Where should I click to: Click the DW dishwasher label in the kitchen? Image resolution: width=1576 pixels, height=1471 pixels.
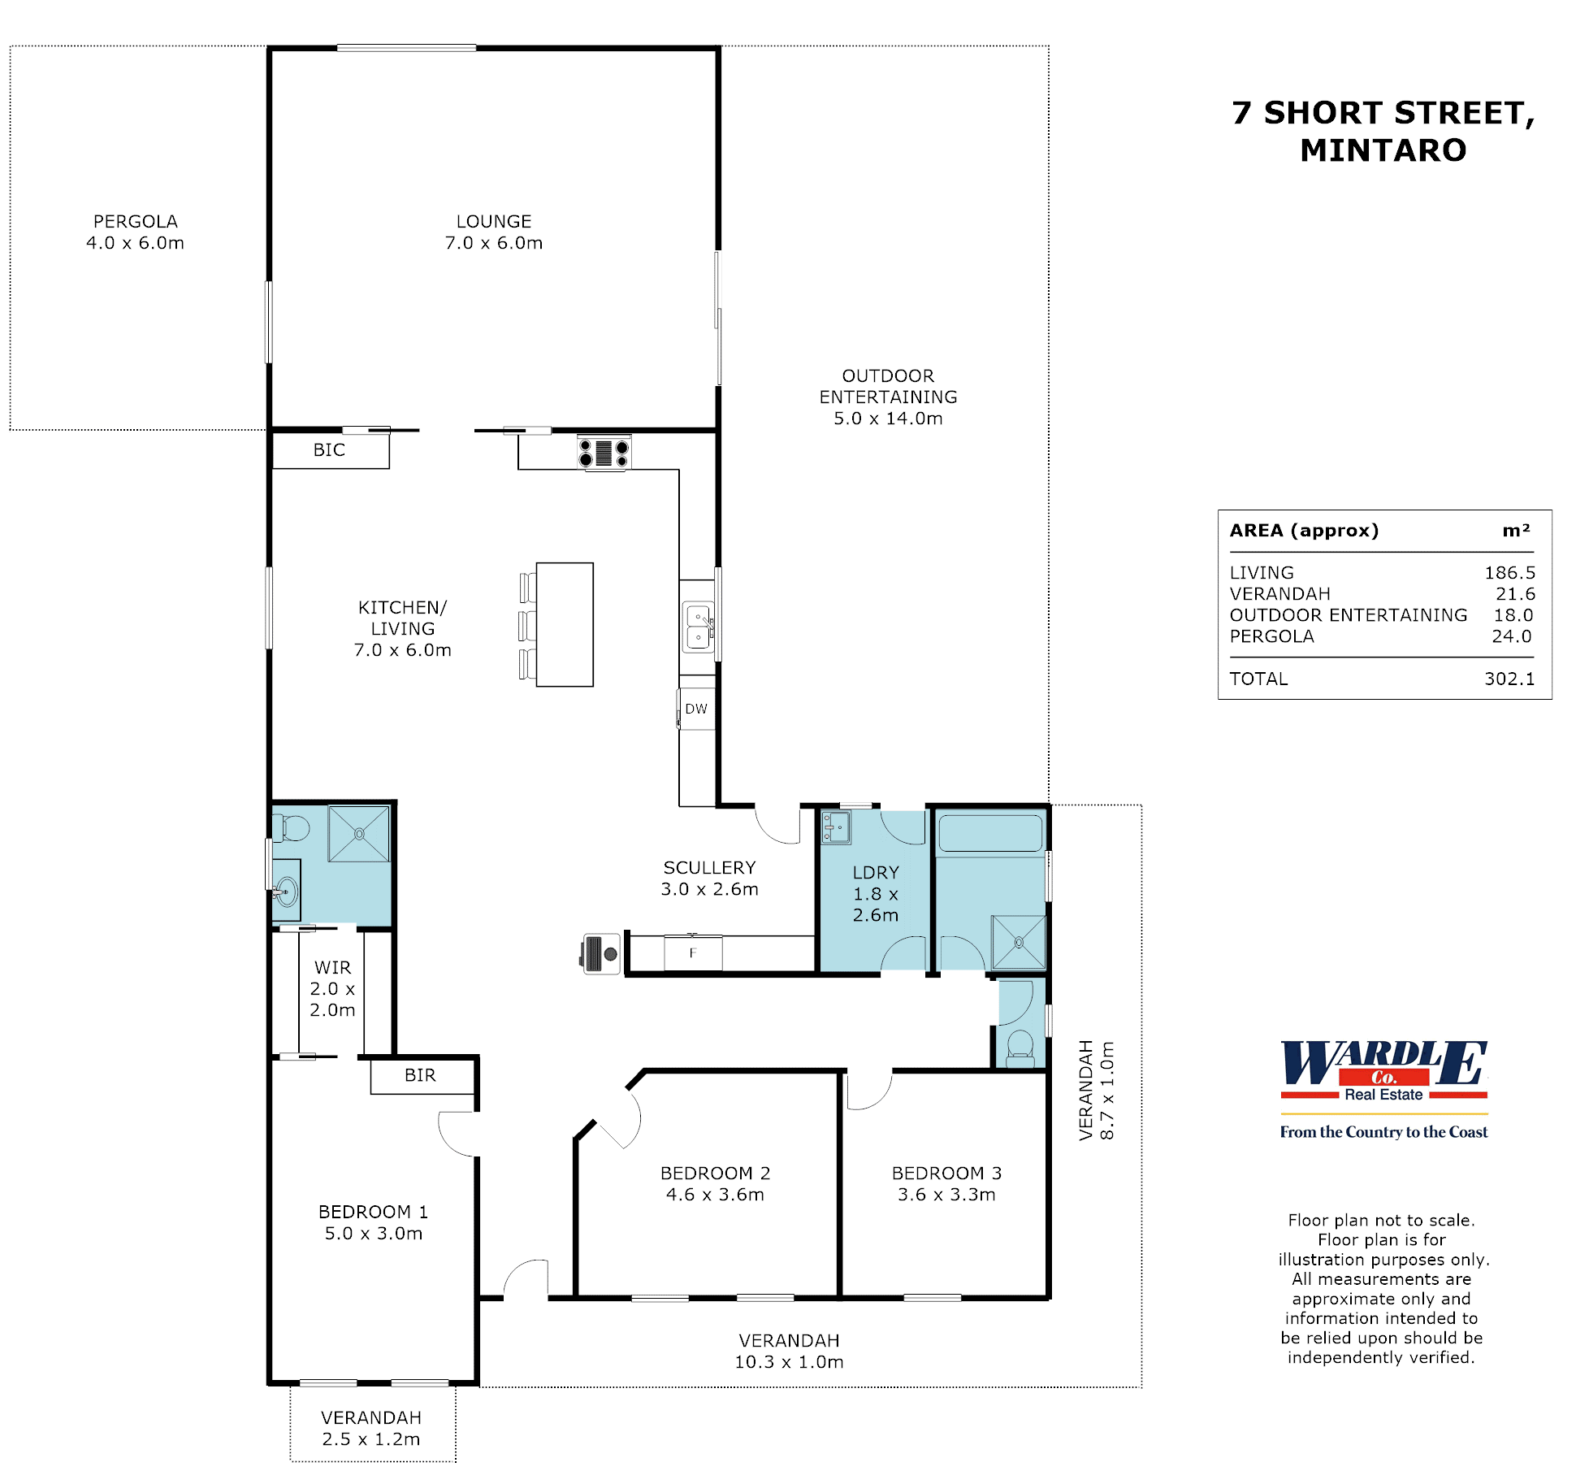[x=696, y=709]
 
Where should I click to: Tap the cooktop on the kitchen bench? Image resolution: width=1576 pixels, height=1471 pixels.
[x=604, y=453]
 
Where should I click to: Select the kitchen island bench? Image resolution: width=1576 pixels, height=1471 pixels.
[x=565, y=624]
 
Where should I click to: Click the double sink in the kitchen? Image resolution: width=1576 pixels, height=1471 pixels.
[x=698, y=627]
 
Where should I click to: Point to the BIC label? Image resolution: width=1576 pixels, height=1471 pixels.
[x=329, y=450]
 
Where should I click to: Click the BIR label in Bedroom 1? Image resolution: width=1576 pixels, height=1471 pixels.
[x=420, y=1075]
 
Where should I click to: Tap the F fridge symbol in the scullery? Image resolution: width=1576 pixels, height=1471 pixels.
[x=693, y=952]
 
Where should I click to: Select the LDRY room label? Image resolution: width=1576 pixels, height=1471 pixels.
[x=876, y=873]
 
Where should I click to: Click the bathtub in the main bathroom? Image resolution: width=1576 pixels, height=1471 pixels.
[x=990, y=833]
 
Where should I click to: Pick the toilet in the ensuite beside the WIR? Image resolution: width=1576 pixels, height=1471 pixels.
[x=292, y=828]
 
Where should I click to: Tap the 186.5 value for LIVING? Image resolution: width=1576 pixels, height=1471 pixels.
[x=1509, y=573]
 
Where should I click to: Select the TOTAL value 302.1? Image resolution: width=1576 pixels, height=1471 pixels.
[x=1509, y=679]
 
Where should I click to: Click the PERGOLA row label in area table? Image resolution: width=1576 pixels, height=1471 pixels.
[x=1271, y=636]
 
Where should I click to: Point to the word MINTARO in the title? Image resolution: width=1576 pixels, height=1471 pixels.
[x=1383, y=150]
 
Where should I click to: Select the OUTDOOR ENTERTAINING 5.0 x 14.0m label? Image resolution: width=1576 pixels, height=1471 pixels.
[x=888, y=397]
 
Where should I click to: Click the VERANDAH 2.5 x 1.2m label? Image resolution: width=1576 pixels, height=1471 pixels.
[x=371, y=1428]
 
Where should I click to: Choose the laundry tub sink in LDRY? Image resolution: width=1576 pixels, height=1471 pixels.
[x=835, y=828]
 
